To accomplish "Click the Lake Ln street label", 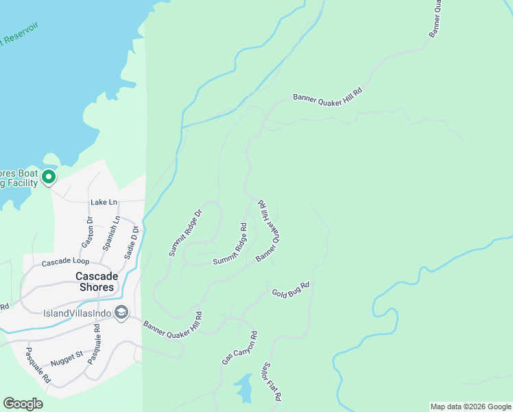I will [x=104, y=203].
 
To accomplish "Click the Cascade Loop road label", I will [x=65, y=262].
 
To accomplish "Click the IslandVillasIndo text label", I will [x=77, y=313].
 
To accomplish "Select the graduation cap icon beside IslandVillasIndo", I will [x=121, y=312].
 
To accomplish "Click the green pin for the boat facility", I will [x=48, y=177].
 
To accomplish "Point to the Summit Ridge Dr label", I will [x=187, y=232].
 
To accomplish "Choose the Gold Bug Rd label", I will [x=290, y=289].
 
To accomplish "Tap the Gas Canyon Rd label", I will [x=239, y=348].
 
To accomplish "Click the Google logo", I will [x=23, y=404].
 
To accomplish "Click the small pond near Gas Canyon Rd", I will [x=243, y=388].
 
